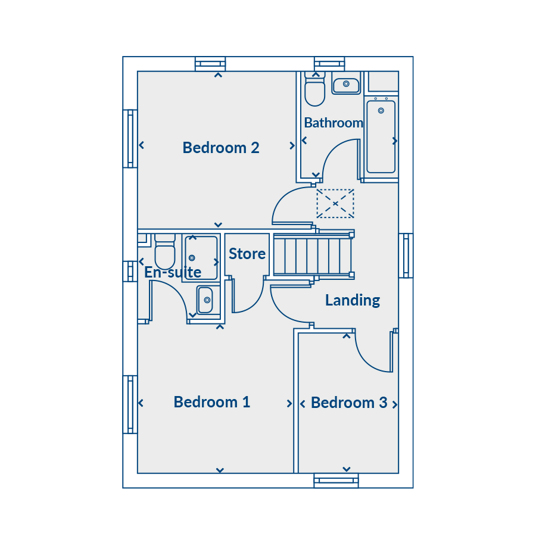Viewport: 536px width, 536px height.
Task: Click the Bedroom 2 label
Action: [221, 148]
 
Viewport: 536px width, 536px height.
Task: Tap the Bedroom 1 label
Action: [212, 402]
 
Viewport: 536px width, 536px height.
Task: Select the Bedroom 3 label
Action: [349, 403]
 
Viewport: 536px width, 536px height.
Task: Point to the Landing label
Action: [353, 301]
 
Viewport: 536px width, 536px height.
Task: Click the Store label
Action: [247, 254]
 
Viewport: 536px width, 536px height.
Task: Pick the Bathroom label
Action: [334, 123]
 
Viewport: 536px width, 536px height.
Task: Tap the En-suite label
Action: [173, 272]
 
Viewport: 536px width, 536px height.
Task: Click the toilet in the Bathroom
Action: [315, 89]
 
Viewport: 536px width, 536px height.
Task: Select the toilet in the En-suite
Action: [165, 251]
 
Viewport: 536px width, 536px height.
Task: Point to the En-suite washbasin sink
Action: [205, 300]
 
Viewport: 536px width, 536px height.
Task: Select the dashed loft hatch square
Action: [335, 204]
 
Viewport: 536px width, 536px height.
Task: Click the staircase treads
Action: [313, 255]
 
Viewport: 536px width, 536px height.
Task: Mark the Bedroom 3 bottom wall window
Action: [336, 481]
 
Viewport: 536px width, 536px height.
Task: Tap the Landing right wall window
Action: [406, 255]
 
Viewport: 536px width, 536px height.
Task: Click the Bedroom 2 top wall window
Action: [210, 64]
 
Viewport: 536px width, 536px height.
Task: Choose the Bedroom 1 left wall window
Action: [130, 404]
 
